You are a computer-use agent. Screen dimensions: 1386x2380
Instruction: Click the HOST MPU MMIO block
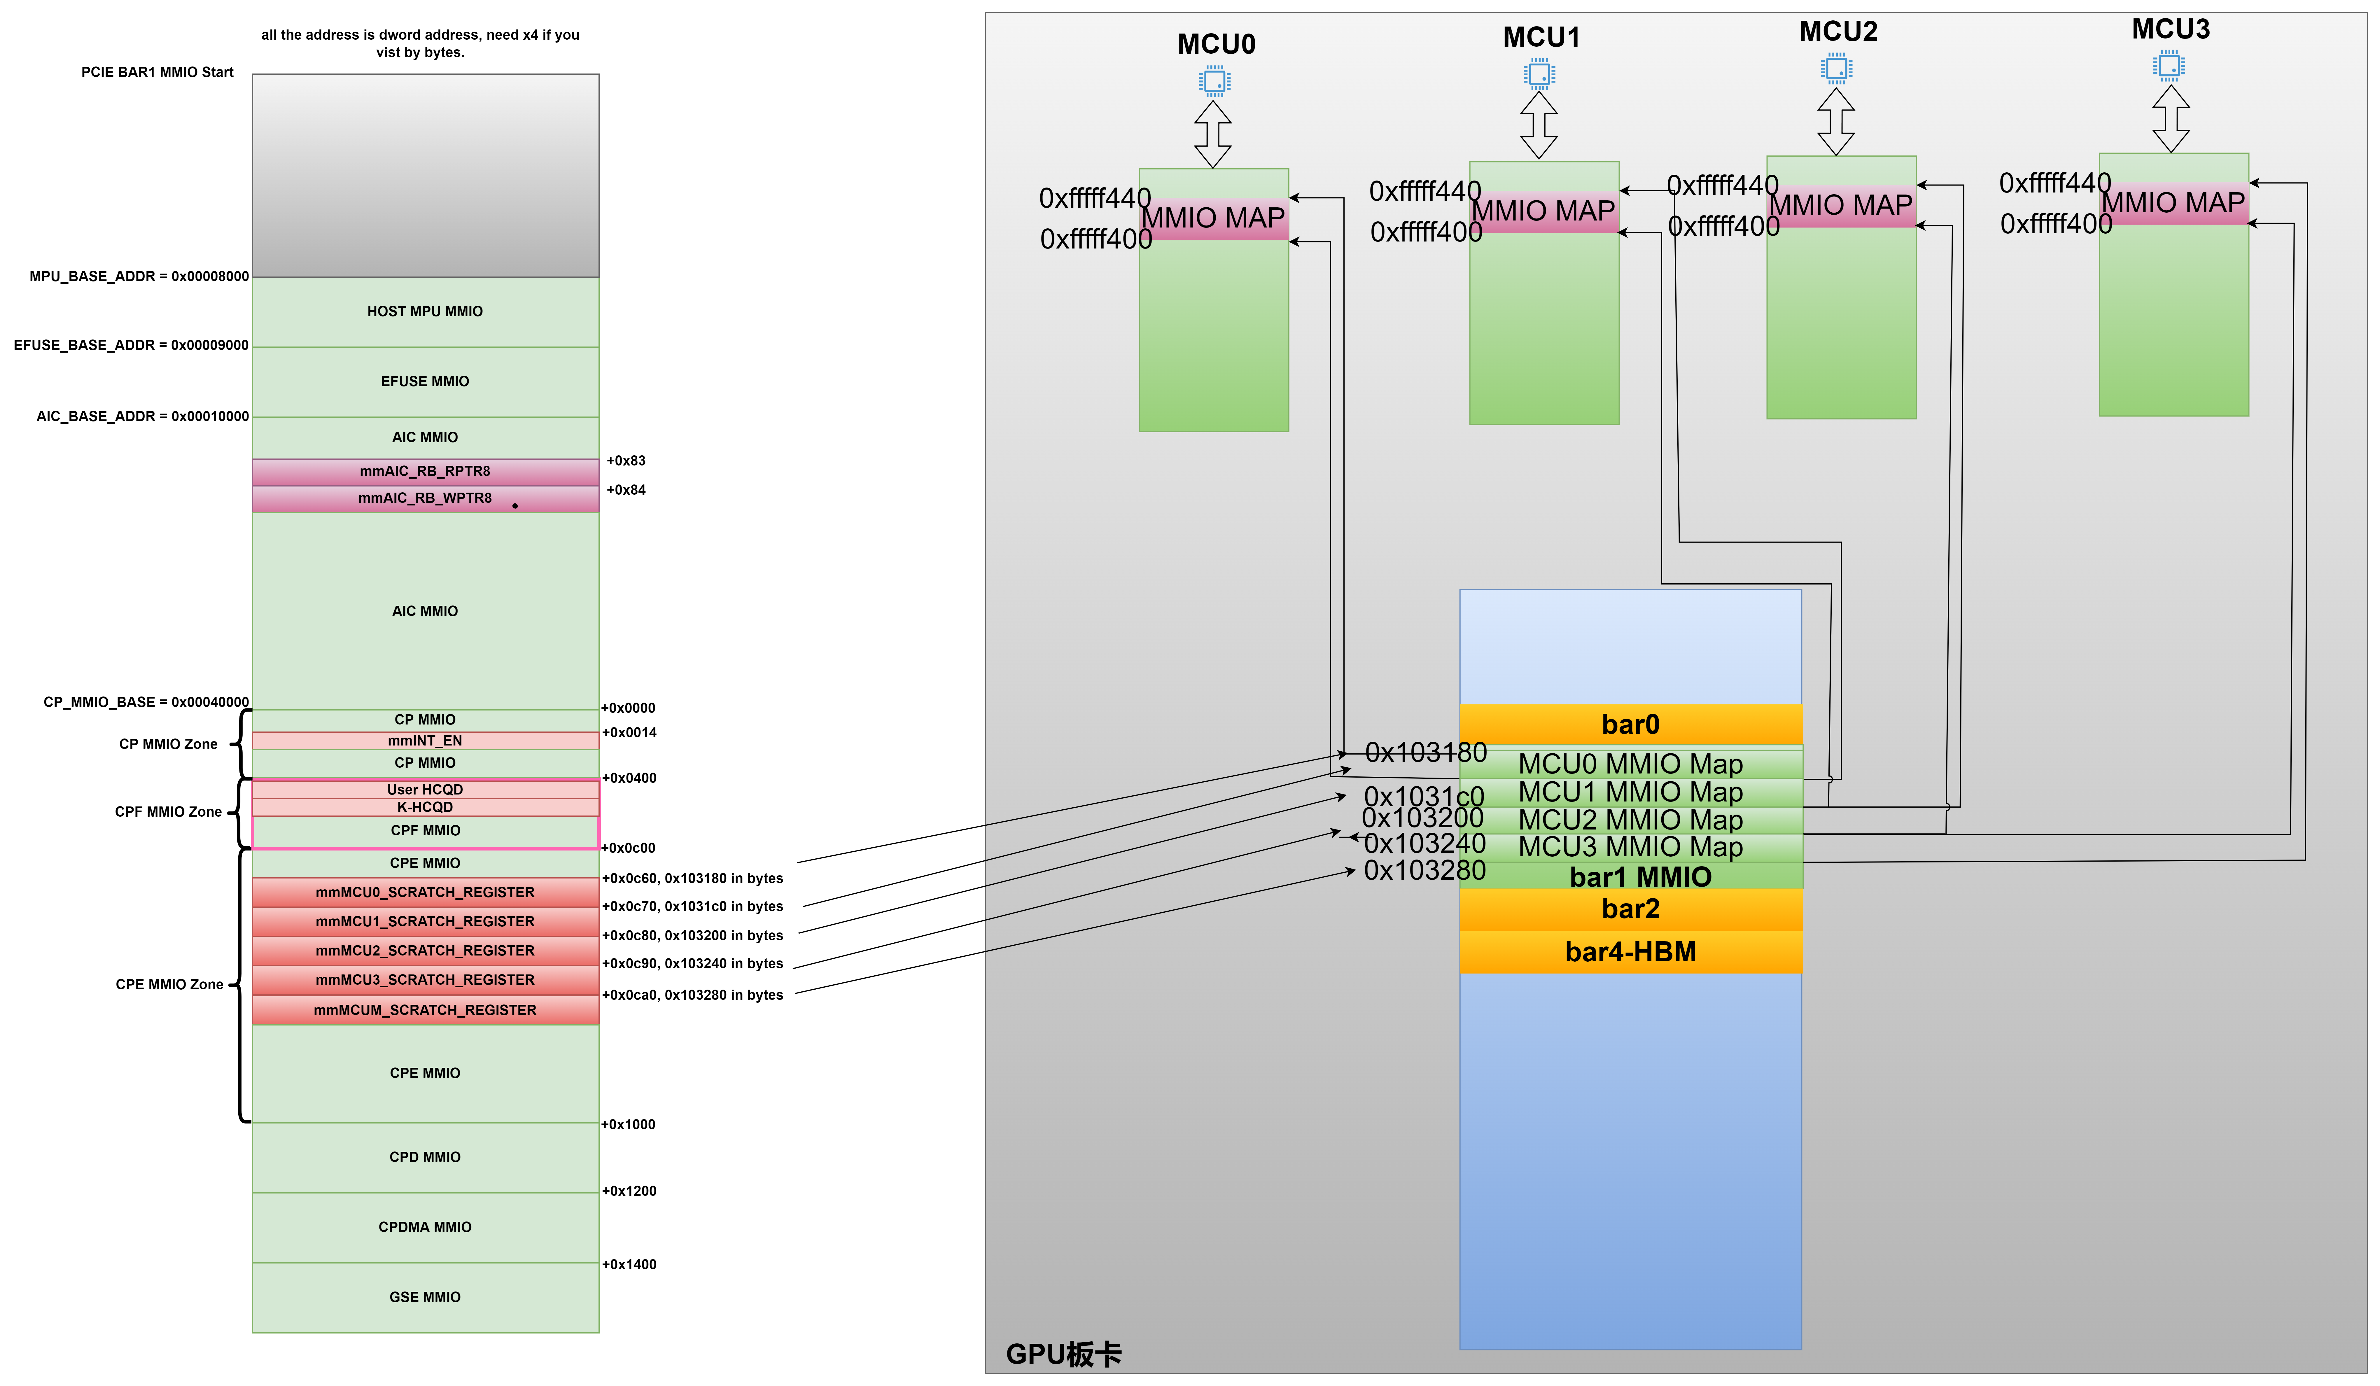[425, 311]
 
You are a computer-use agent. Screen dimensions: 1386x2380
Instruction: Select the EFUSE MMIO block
[425, 381]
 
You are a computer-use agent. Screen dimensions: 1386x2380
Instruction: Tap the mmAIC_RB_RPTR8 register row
[425, 471]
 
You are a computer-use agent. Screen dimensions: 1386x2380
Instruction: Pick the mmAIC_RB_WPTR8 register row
[425, 498]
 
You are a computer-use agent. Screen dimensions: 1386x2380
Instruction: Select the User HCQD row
[425, 789]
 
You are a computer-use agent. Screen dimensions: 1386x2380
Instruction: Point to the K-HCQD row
[425, 807]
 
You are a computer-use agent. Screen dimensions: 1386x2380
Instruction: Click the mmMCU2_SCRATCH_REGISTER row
[425, 951]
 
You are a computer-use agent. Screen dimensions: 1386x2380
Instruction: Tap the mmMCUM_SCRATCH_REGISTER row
[425, 1010]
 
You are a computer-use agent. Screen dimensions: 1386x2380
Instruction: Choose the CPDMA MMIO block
[425, 1227]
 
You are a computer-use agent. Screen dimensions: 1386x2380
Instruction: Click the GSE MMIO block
[425, 1297]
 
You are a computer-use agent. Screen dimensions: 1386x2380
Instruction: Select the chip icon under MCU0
[1214, 81]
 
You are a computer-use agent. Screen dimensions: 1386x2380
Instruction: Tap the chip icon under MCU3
[2169, 66]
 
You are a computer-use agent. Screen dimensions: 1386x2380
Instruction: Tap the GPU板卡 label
[1063, 1354]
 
